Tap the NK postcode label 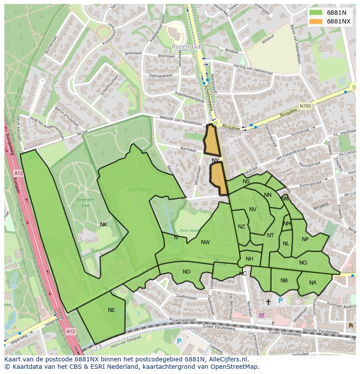coord(103,225)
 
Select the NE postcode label coord(111,310)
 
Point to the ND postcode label coord(187,272)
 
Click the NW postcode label coord(205,242)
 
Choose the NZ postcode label coord(241,227)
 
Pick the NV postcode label coord(253,209)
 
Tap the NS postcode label coord(246,182)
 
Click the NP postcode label coord(305,239)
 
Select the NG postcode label coord(303,263)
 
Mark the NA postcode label coord(313,283)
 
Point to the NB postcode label coord(284,281)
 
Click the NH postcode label coord(249,259)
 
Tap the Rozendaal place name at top coord(185,46)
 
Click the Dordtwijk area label coord(137,189)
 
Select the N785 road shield coord(306,106)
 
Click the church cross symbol coord(268,301)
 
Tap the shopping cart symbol coord(261,315)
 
